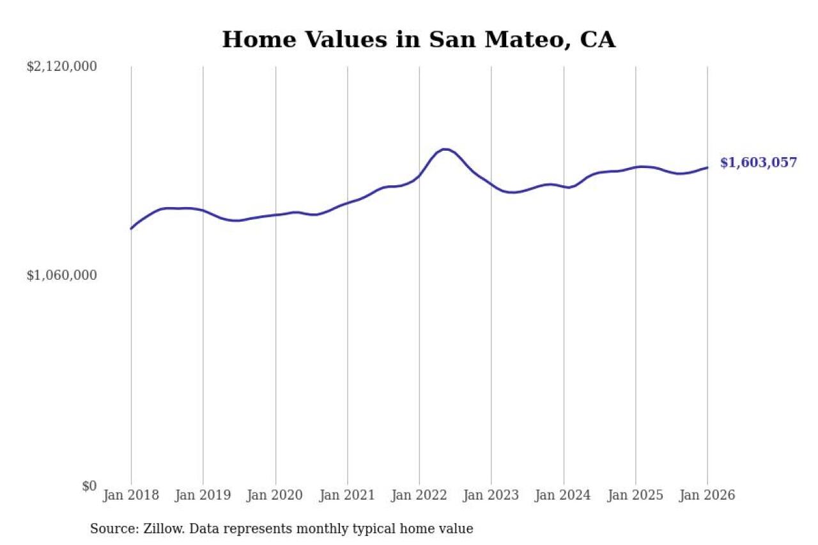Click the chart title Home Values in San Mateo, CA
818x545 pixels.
click(419, 40)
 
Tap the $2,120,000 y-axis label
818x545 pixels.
click(61, 66)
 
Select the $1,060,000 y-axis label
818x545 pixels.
click(61, 275)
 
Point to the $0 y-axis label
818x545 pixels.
click(88, 486)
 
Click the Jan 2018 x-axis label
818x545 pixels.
click(131, 496)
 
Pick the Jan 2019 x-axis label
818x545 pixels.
click(203, 496)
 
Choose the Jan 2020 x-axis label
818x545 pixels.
click(275, 496)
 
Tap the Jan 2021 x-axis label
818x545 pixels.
click(348, 496)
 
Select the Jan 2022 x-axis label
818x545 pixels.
click(419, 496)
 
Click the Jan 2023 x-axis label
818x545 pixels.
click(491, 496)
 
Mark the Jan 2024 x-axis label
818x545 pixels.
click(564, 496)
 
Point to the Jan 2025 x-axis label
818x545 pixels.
click(636, 496)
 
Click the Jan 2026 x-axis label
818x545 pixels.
click(707, 496)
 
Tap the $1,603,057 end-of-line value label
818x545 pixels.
click(759, 163)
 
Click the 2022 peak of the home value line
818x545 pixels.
click(445, 150)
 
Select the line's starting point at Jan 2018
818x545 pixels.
click(131, 228)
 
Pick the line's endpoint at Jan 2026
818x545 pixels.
click(707, 167)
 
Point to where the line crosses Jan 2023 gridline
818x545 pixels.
click(491, 185)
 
